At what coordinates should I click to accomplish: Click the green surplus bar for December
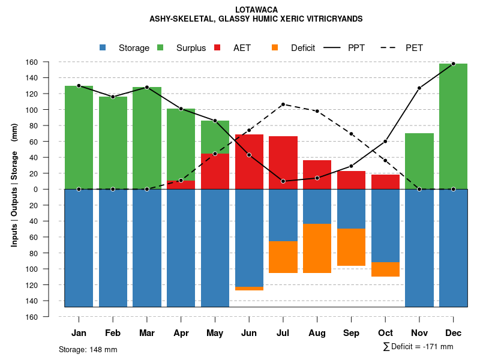(x=453, y=126)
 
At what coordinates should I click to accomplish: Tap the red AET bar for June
(x=249, y=161)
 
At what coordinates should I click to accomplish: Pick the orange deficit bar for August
(x=317, y=248)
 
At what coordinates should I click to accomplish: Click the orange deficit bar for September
(x=351, y=247)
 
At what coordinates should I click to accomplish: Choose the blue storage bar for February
(x=113, y=248)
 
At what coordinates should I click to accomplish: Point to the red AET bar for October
(x=385, y=182)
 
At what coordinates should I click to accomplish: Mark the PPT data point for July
(x=283, y=181)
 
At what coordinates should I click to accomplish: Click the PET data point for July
(x=283, y=104)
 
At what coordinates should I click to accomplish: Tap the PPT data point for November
(x=419, y=88)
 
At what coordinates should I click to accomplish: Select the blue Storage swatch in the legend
(x=103, y=48)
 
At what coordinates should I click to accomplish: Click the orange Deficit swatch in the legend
(x=275, y=48)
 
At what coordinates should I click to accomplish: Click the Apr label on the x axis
(x=181, y=333)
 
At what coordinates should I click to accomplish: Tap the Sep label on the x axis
(x=351, y=333)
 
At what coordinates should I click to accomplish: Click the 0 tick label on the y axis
(x=52, y=190)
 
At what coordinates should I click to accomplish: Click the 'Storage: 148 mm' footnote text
(x=88, y=349)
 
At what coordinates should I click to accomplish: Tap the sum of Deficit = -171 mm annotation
(x=418, y=347)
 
